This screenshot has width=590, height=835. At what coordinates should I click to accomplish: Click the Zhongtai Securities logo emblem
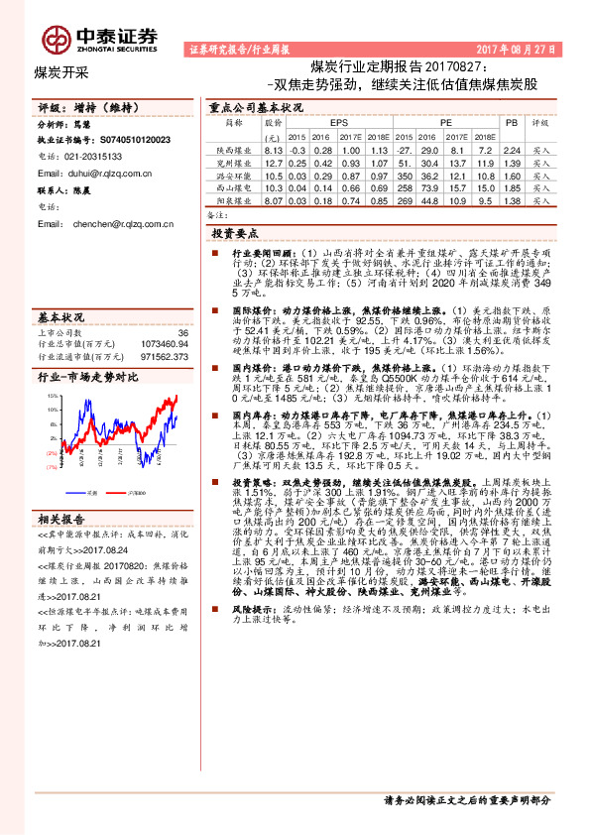click(x=56, y=37)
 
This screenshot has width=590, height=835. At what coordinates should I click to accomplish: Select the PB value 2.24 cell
click(x=512, y=149)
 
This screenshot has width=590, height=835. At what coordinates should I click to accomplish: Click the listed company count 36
click(x=182, y=333)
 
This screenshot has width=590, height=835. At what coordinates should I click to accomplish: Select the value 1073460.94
click(x=165, y=344)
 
